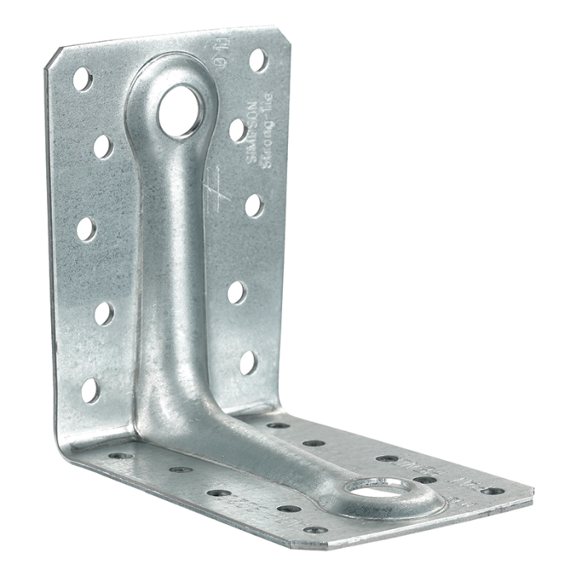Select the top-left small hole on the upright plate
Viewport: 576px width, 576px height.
point(82,79)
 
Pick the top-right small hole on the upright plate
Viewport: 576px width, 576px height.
point(258,59)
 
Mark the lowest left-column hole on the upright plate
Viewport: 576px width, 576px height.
point(91,389)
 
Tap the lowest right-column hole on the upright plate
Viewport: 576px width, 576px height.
point(248,362)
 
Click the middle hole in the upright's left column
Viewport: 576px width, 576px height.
point(86,230)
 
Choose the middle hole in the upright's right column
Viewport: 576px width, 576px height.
point(253,205)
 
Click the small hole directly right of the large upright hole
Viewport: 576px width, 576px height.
point(237,130)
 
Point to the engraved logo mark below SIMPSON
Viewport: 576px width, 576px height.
point(212,178)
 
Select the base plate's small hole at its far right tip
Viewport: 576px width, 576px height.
point(492,491)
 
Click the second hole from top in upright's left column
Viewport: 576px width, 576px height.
point(103,146)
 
